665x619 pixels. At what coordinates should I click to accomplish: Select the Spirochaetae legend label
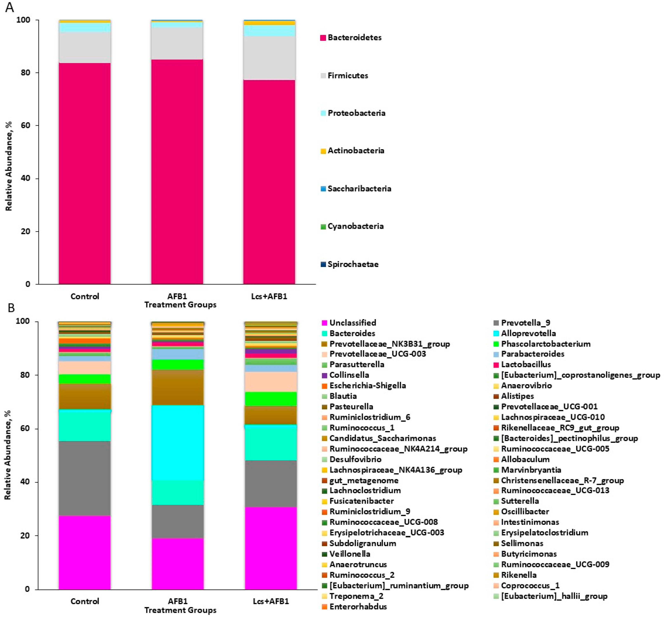point(353,264)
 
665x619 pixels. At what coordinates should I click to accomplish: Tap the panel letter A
point(10,7)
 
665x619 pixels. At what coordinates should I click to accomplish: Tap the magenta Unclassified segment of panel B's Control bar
point(85,552)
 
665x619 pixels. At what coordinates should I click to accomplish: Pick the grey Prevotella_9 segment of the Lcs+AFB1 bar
point(270,483)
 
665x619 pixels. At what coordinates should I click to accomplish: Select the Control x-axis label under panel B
point(85,601)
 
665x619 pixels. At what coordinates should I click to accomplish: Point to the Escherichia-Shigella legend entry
point(367,385)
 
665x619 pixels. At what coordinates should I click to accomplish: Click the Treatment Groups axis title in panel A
point(180,305)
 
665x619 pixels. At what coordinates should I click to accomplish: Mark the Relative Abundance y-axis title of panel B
point(8,455)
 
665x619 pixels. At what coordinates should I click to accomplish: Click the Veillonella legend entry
point(349,554)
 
